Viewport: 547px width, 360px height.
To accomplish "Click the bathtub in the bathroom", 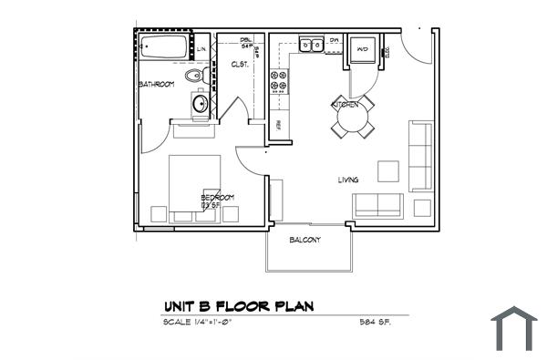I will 164,45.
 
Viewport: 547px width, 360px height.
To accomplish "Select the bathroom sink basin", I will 201,105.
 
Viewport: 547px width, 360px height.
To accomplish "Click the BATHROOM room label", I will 156,85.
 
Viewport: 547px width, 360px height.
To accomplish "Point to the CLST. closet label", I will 241,64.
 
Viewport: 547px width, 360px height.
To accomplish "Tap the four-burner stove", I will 278,83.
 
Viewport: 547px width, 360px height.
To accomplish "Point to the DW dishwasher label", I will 334,41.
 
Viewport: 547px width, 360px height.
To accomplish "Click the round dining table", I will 352,118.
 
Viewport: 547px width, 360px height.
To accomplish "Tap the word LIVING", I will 347,180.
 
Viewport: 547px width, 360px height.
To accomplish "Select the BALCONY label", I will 304,240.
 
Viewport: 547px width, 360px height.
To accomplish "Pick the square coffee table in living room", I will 388,171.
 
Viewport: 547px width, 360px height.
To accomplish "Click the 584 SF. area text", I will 376,323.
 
